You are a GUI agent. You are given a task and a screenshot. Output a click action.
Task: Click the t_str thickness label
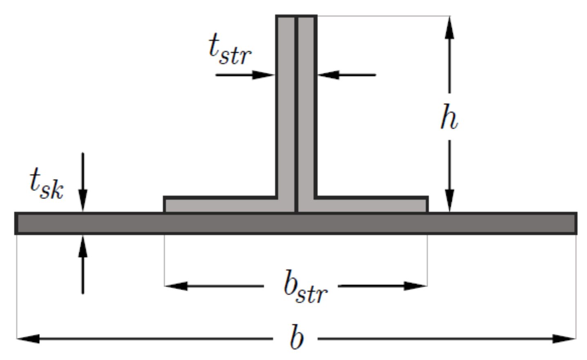(230, 50)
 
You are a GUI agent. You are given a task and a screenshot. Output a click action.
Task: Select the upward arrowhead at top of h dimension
(449, 26)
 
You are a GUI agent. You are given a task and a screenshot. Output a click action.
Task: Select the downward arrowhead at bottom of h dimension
(449, 202)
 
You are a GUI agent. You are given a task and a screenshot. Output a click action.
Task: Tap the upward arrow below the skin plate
(83, 246)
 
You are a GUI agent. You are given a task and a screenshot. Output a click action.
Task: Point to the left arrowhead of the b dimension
(27, 338)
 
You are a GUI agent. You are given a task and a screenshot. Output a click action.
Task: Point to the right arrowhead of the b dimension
(566, 338)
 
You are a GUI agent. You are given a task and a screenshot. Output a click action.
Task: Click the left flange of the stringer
(221, 205)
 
